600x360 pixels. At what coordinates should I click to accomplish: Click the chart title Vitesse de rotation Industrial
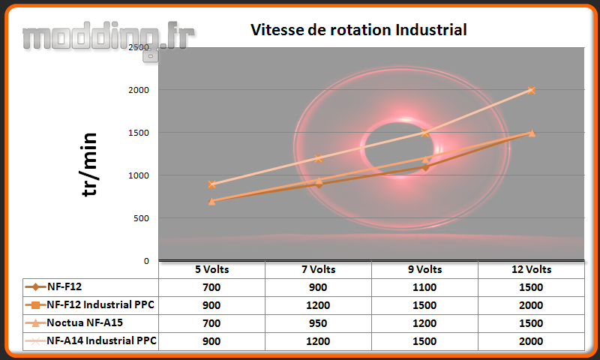tap(358, 30)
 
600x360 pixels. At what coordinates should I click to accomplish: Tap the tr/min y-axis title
tap(89, 164)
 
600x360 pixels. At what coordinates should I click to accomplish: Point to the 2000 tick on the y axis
tap(139, 90)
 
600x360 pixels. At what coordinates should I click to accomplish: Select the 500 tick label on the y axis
tap(141, 218)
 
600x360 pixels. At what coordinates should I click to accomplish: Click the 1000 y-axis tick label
tap(139, 175)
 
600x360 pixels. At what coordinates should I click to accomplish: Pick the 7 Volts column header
tap(318, 270)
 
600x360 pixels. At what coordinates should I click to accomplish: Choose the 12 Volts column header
tap(532, 270)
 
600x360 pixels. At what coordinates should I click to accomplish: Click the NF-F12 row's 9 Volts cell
tap(424, 288)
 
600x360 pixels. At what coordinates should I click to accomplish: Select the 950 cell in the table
tap(318, 324)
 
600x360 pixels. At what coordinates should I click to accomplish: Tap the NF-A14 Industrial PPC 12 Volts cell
tap(531, 342)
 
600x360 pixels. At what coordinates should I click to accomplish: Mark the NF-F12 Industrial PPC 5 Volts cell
tap(211, 306)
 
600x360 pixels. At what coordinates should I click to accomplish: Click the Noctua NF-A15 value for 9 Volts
tap(424, 324)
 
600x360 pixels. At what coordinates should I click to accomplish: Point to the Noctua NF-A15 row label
tap(85, 323)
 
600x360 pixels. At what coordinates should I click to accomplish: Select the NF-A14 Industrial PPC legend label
tap(101, 340)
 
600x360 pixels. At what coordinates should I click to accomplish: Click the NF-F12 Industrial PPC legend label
tap(100, 304)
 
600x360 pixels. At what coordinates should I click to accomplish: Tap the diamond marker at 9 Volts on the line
tap(425, 167)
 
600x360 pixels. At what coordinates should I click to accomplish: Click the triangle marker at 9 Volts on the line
tap(425, 159)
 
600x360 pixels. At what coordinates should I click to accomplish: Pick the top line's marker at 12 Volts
tap(532, 90)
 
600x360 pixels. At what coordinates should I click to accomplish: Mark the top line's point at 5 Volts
tap(212, 184)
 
